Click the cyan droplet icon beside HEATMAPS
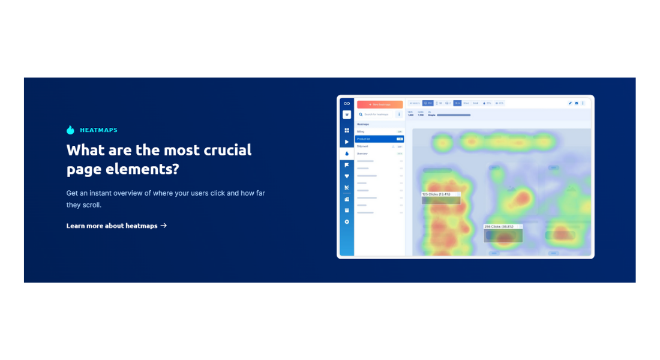[x=70, y=130]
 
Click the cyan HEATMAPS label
[x=98, y=130]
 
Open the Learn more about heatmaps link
[x=112, y=226]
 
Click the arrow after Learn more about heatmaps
[x=164, y=226]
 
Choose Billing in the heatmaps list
[x=361, y=131]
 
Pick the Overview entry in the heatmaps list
[x=362, y=154]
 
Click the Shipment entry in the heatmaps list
[x=363, y=146]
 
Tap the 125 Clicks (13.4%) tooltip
[x=440, y=194]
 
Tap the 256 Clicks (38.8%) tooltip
[x=503, y=227]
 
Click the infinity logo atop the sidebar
[x=347, y=103]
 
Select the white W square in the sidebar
[x=347, y=115]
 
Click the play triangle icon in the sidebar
[x=347, y=142]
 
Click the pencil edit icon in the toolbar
[x=570, y=103]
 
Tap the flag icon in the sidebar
[x=347, y=164]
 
